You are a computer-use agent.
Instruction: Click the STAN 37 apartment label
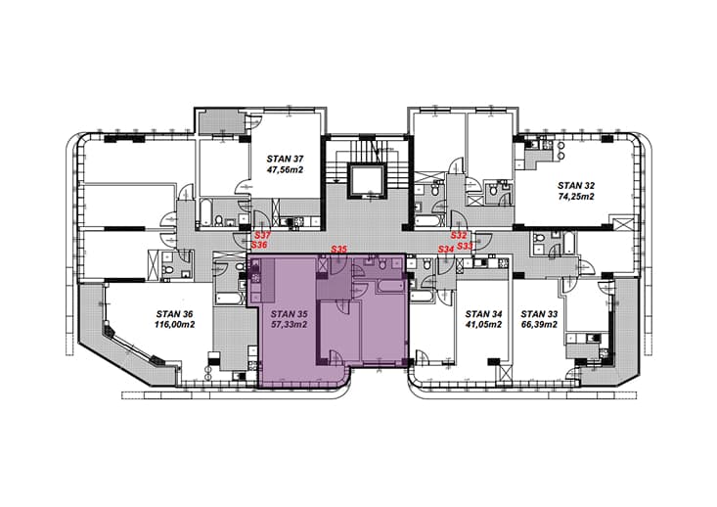286,159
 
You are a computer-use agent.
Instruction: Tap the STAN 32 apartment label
576,185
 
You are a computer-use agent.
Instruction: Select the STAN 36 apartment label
175,314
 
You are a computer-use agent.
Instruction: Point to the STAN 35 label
289,314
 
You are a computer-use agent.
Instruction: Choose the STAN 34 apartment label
484,314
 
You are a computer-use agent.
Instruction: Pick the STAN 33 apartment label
540,314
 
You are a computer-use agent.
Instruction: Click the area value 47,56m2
286,169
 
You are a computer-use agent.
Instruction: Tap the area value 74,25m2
576,197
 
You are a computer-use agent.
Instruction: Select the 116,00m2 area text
175,325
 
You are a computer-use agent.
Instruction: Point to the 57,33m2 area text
289,325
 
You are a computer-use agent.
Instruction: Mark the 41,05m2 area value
484,325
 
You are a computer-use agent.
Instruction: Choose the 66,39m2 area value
540,325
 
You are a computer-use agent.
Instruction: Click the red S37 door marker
263,235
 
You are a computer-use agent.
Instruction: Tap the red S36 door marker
259,246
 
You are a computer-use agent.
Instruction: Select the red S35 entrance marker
339,250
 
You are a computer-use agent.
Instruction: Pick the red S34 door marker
446,250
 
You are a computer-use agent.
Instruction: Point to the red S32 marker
459,236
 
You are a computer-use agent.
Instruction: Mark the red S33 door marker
465,247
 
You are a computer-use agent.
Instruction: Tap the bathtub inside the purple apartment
389,288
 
